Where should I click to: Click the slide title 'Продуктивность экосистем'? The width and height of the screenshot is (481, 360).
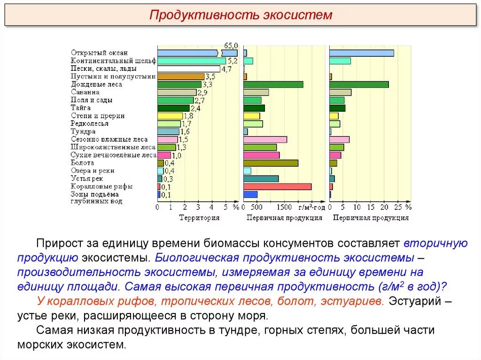[x=240, y=15]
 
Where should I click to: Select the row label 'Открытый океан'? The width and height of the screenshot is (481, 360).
[x=99, y=53]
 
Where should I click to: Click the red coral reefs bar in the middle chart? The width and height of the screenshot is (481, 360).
[x=277, y=186]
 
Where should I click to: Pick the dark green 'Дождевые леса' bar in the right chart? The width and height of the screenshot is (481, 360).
[x=359, y=84]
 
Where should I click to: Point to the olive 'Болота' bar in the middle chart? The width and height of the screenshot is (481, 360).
[x=271, y=163]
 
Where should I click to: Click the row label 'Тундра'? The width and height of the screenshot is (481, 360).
[x=83, y=131]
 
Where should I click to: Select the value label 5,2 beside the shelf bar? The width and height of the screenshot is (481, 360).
[x=233, y=61]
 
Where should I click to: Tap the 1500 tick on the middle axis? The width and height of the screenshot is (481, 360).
[x=284, y=207]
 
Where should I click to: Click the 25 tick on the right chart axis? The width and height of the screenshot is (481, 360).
[x=398, y=207]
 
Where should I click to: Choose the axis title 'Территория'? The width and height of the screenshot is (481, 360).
[x=199, y=218]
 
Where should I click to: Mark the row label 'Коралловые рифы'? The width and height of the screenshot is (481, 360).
[x=101, y=186]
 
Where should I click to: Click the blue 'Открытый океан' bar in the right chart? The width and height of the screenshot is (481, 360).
[x=361, y=53]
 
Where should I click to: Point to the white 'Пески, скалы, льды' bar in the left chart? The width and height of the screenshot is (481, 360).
[x=188, y=69]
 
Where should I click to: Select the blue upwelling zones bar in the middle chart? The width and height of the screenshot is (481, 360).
[x=250, y=194]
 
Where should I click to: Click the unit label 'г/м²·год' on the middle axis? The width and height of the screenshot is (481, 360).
[x=312, y=207]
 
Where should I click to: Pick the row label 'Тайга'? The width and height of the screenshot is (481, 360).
[x=81, y=108]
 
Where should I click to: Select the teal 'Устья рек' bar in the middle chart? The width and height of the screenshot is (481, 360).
[x=261, y=179]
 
